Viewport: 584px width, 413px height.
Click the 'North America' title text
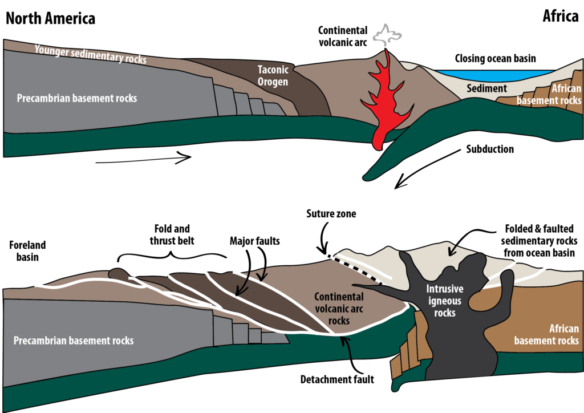[50, 18]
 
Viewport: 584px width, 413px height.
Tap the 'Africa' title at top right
[560, 17]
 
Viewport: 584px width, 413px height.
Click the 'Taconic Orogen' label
[272, 75]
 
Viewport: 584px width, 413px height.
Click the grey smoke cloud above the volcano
[387, 35]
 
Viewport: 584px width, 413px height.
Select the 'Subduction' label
[490, 149]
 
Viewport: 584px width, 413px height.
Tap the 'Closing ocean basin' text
[495, 58]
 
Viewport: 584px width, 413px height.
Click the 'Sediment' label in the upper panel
[486, 88]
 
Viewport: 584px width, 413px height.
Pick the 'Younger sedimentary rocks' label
[90, 54]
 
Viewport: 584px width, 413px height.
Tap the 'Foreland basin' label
[27, 251]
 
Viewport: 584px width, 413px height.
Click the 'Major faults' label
[254, 241]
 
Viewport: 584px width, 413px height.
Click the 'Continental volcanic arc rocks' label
[339, 309]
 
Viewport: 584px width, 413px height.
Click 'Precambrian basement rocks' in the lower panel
[73, 341]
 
